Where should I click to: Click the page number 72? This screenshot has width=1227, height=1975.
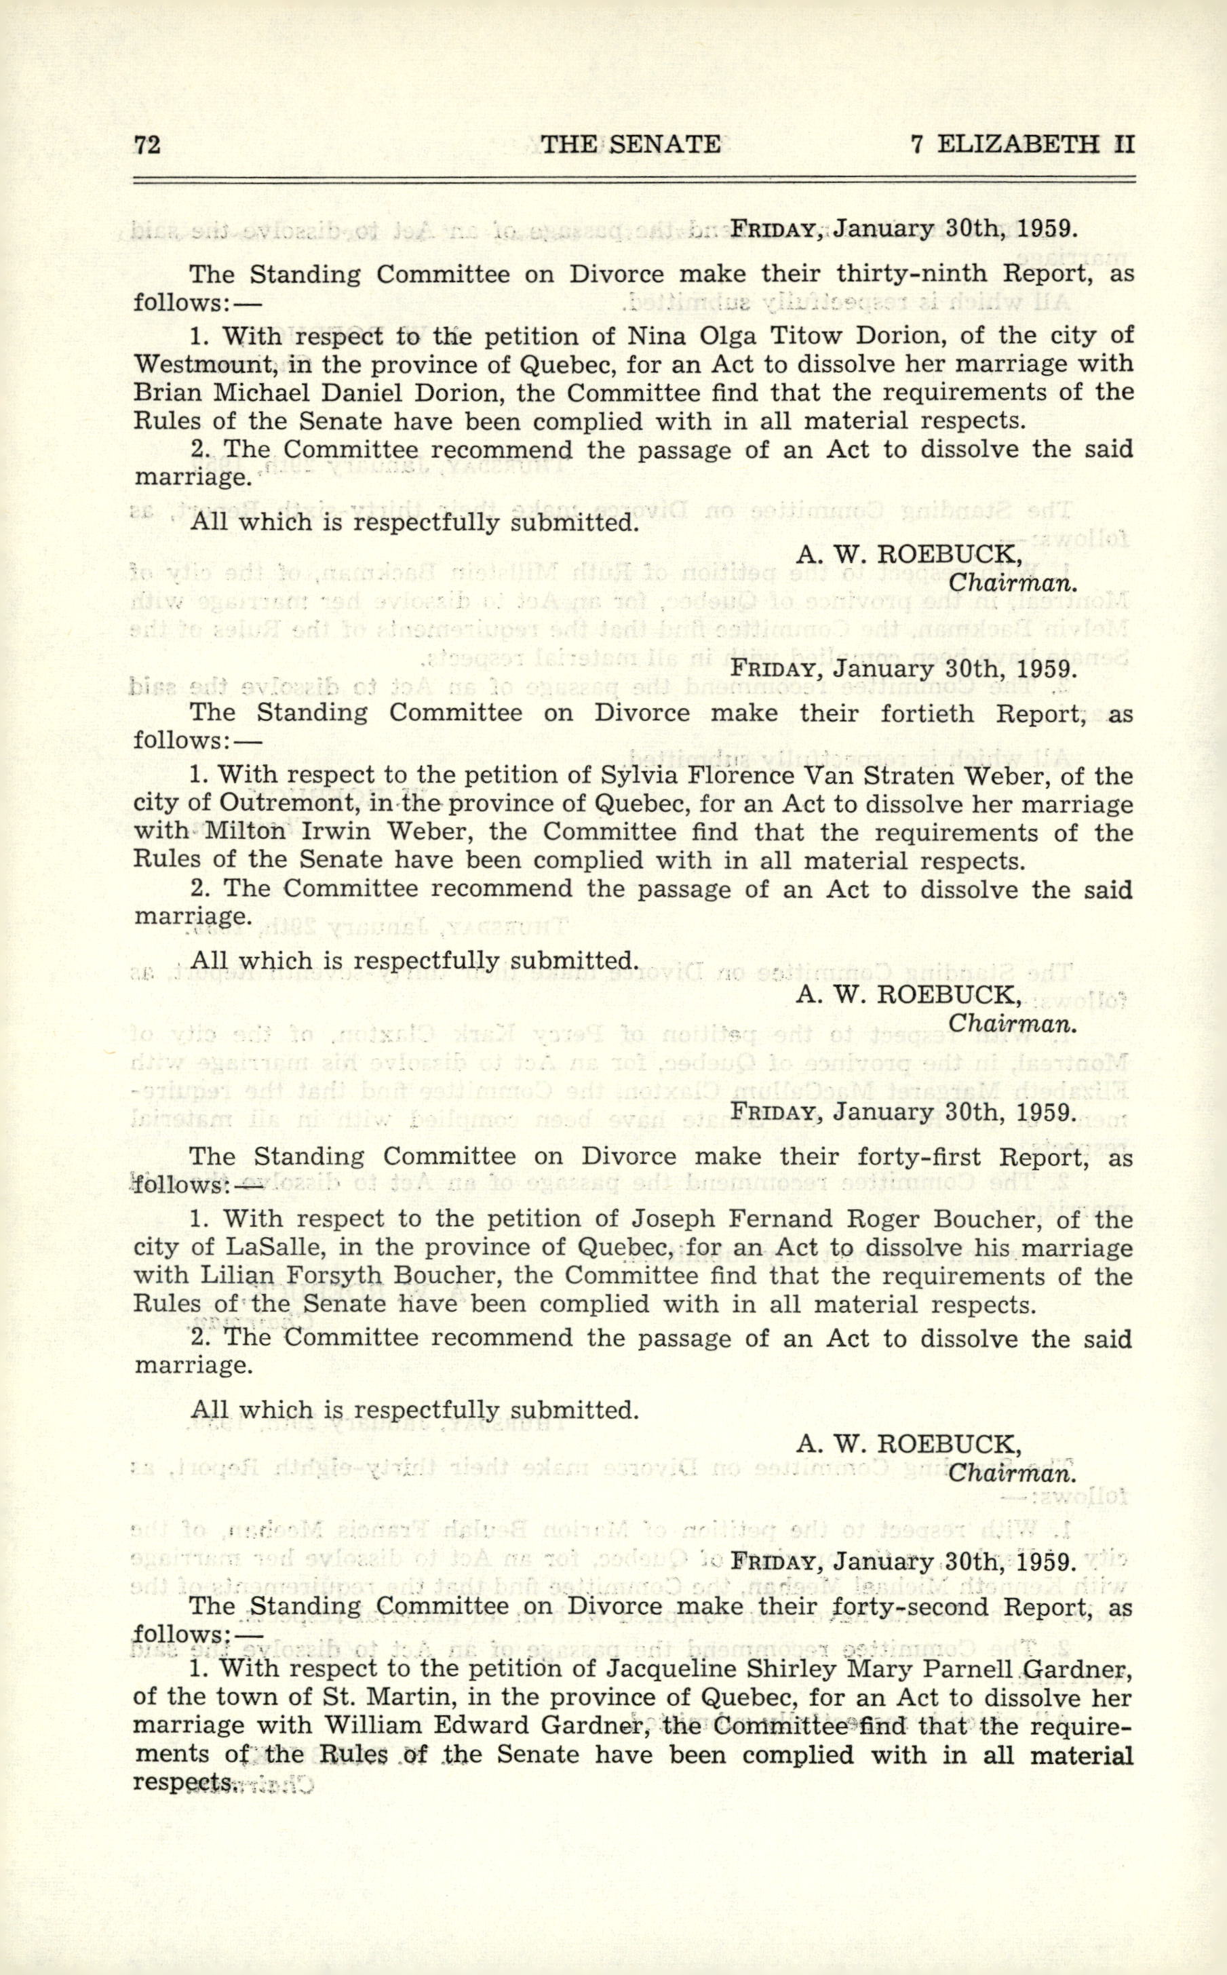click(148, 144)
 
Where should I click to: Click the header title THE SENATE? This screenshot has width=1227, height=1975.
click(631, 144)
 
